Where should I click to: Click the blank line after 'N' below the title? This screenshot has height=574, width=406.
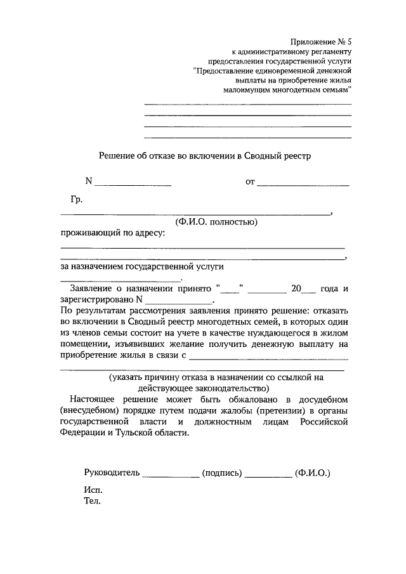pyautogui.click(x=133, y=184)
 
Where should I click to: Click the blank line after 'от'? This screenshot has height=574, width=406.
pyautogui.click(x=303, y=184)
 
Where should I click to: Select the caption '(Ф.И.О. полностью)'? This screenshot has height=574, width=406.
pyautogui.click(x=216, y=222)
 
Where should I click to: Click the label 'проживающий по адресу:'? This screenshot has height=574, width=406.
pyautogui.click(x=112, y=233)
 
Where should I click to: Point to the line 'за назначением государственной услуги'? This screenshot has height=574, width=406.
pyautogui.click(x=143, y=268)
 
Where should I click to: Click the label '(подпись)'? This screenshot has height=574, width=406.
pyautogui.click(x=221, y=473)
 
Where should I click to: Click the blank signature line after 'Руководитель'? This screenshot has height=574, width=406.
pyautogui.click(x=170, y=474)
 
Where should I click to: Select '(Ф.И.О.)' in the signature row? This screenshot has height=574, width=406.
pyautogui.click(x=313, y=473)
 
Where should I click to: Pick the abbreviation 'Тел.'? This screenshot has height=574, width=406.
pyautogui.click(x=93, y=501)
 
